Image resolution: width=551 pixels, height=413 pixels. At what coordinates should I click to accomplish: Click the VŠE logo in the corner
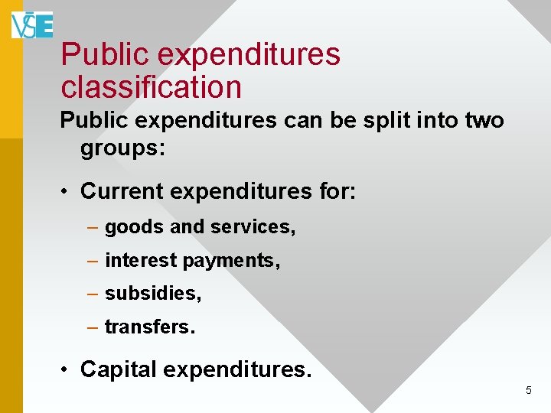pos(32,24)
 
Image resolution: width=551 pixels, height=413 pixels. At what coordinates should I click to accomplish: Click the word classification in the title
pos(151,87)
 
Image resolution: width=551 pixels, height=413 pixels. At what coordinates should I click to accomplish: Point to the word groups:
pos(123,148)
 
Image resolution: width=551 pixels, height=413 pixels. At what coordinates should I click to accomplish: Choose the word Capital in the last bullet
pos(118,369)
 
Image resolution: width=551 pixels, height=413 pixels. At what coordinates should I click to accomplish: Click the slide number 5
pos(528,391)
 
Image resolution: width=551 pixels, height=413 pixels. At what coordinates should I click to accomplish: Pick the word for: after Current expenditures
pos(337,190)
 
